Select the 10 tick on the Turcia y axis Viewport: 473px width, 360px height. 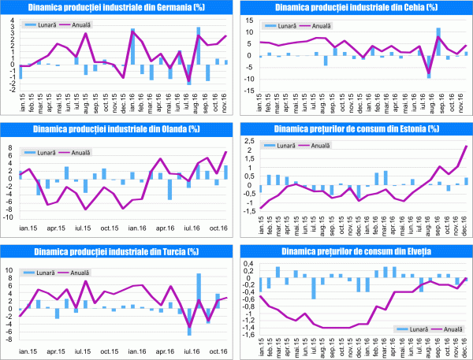point(10,270)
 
